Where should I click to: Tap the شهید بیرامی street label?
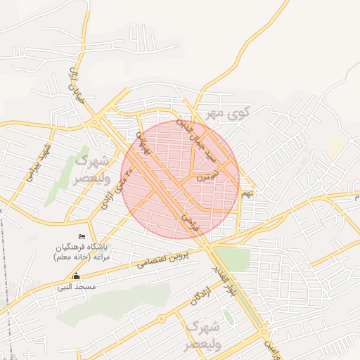pos(39,163)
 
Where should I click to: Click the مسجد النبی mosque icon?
pos(77,276)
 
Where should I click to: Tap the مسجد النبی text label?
pos(77,287)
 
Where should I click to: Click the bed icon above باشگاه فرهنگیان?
pos(82,237)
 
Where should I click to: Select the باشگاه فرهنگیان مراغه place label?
pos(79,252)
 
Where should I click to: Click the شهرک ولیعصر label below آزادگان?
pos(202,337)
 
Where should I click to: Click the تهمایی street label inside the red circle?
pos(143,143)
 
